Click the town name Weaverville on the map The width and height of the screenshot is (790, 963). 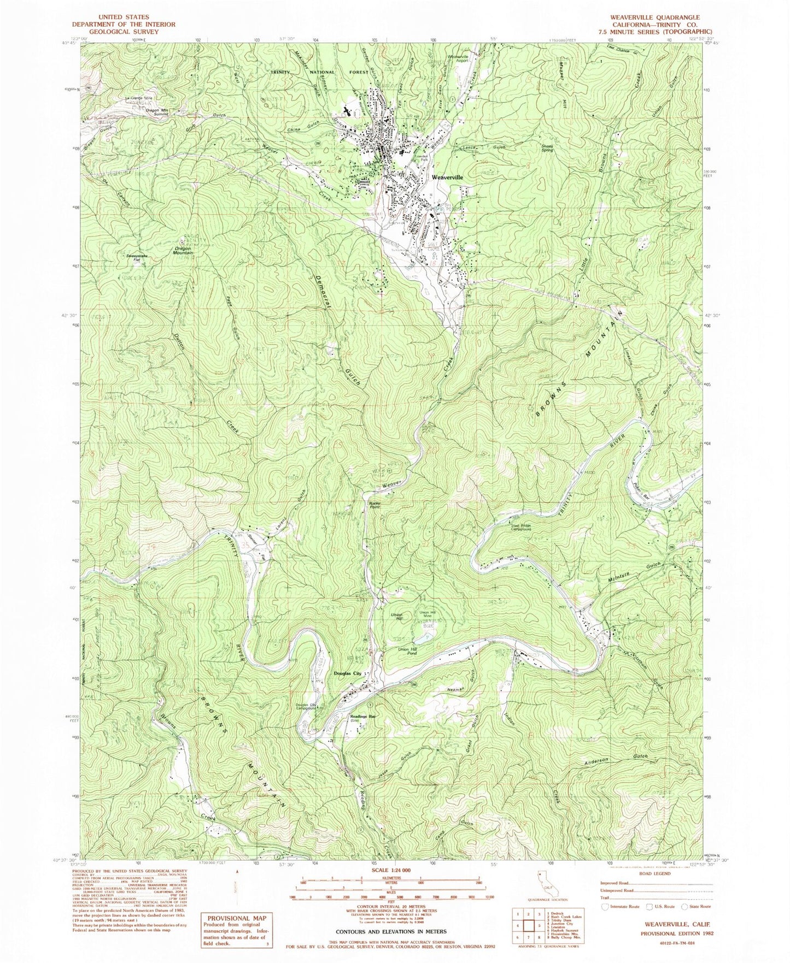[447, 178]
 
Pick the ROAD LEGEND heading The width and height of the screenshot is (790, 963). [651, 873]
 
